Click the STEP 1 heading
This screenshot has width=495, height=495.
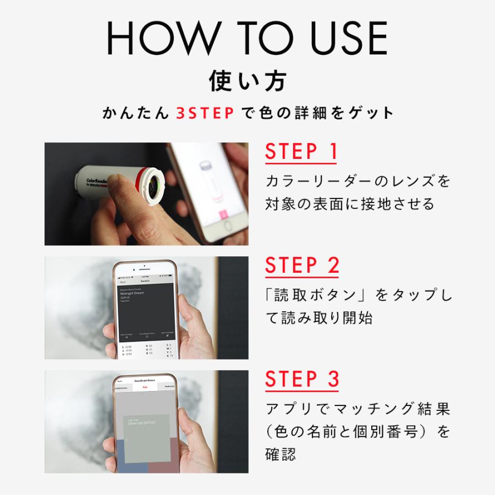pyautogui.click(x=301, y=152)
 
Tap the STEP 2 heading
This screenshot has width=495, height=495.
pyautogui.click(x=302, y=265)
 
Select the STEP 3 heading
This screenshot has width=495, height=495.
pyautogui.click(x=302, y=379)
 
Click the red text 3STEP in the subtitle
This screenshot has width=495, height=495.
pyautogui.click(x=206, y=113)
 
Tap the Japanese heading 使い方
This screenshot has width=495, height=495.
pyautogui.click(x=247, y=81)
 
